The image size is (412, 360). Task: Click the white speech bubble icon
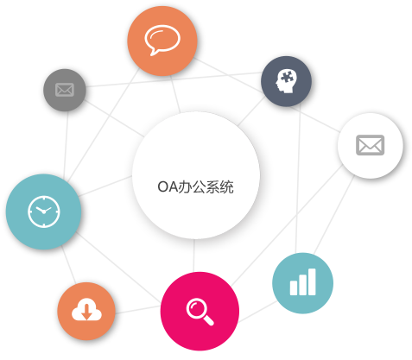[162, 40]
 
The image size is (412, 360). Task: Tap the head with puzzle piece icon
[286, 81]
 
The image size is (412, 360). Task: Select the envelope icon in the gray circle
[65, 90]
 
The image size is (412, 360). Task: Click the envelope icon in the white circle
[371, 145]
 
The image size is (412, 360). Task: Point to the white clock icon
[44, 212]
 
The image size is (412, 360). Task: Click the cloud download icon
[86, 310]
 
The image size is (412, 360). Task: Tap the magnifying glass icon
[200, 312]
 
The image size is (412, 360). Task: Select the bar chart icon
[302, 281]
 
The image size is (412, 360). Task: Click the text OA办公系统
[195, 186]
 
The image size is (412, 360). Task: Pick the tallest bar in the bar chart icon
[312, 281]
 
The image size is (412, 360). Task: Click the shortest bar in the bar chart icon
[294, 287]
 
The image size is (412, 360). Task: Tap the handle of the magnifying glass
[209, 320]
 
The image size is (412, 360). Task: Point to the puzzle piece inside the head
[287, 77]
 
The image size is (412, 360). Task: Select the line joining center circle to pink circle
[194, 256]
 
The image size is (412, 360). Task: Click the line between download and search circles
[137, 310]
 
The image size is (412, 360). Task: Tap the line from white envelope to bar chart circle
[334, 215]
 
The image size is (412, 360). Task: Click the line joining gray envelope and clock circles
[66, 143]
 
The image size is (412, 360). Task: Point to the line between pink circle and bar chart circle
[257, 312]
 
